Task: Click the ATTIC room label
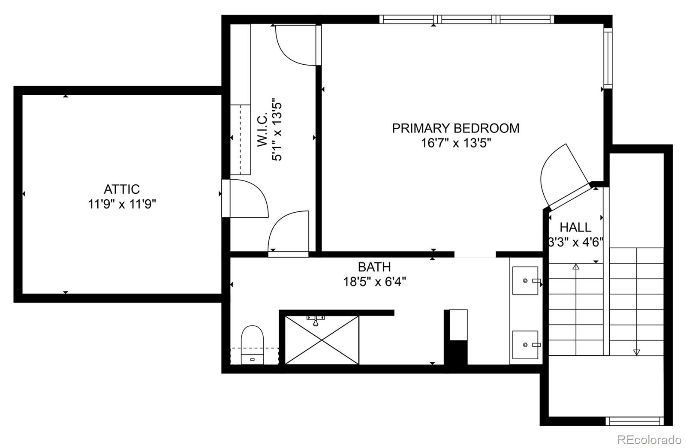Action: click(122, 189)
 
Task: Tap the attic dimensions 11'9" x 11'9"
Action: click(122, 204)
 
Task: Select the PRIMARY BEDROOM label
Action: click(455, 128)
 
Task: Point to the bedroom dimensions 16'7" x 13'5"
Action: click(455, 143)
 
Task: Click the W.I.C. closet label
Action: click(262, 130)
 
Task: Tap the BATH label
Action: click(374, 267)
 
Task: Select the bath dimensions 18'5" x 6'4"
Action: click(374, 282)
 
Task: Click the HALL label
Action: click(575, 227)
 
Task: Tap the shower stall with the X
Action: click(322, 340)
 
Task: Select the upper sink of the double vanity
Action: click(526, 281)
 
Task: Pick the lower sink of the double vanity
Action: click(526, 345)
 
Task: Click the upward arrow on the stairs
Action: click(576, 267)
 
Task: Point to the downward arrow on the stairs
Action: click(636, 352)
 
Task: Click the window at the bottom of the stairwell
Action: click(635, 421)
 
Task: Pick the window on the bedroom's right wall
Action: click(608, 58)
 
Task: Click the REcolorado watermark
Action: click(649, 439)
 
